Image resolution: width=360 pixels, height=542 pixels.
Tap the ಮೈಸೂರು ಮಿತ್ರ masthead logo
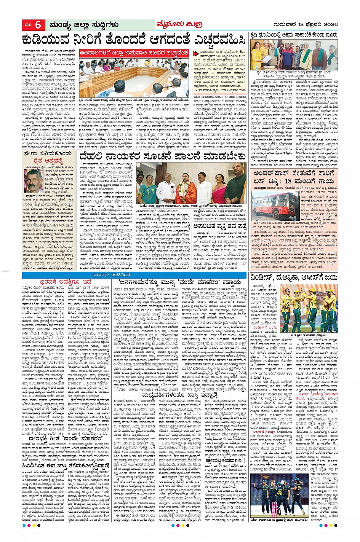click(178, 25)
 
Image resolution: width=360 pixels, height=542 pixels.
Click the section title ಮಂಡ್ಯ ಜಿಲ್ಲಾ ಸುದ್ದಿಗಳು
click(84, 25)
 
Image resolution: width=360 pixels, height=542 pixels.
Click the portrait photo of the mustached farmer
click(33, 181)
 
